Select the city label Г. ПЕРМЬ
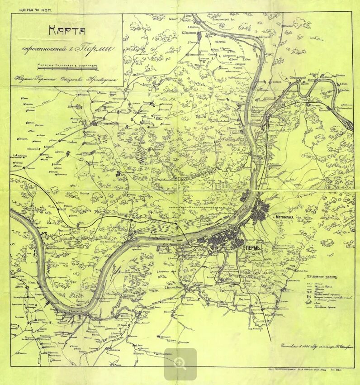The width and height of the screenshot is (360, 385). click(x=256, y=247)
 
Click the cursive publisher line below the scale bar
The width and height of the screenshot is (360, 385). click(x=63, y=79)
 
